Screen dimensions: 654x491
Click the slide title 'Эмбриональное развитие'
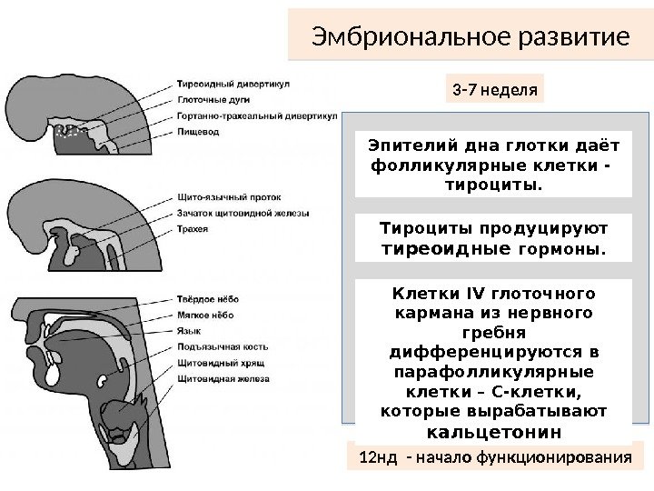[x=470, y=38]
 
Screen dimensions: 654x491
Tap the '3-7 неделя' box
[x=495, y=90]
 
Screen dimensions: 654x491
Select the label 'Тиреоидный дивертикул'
[x=233, y=83]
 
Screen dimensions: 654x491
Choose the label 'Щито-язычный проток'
[x=223, y=197]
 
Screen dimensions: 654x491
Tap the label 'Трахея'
[x=193, y=230]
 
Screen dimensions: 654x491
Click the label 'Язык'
[x=188, y=329]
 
